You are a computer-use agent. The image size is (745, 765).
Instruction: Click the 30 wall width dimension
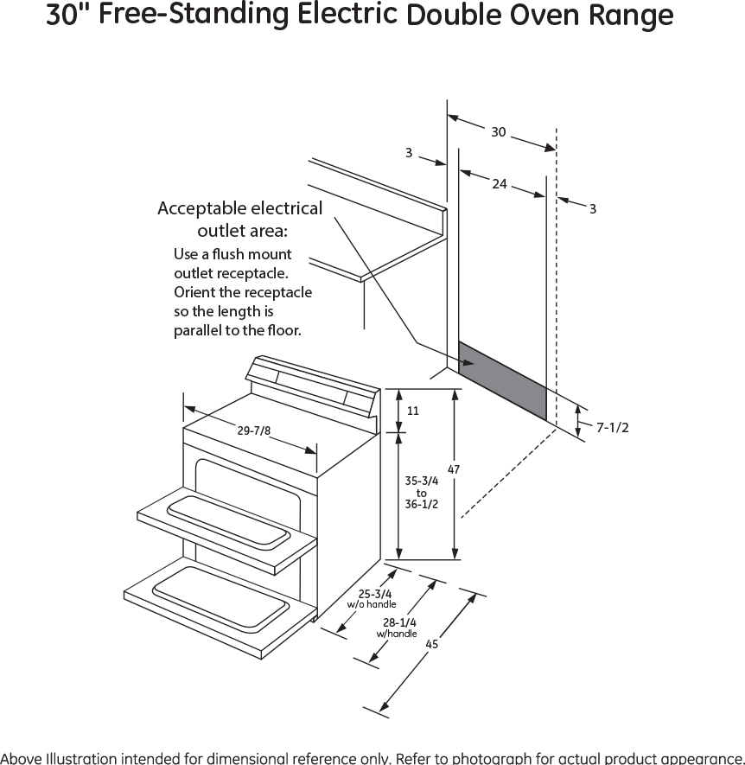click(x=499, y=132)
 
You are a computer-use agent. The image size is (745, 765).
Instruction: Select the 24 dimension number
click(x=499, y=183)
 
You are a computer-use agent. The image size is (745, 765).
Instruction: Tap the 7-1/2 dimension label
click(x=612, y=426)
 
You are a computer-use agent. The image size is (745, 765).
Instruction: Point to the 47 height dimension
click(x=454, y=469)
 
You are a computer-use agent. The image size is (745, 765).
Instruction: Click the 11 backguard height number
click(x=413, y=411)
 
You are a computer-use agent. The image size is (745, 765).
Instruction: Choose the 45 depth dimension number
click(x=432, y=644)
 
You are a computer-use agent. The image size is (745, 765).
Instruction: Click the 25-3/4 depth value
click(x=376, y=594)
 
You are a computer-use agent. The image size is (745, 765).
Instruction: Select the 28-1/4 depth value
click(x=399, y=622)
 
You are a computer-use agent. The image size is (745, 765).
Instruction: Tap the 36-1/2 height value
click(x=421, y=505)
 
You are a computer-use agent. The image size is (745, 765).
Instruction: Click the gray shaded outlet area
click(x=502, y=380)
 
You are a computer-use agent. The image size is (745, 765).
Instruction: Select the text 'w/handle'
click(x=397, y=634)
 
